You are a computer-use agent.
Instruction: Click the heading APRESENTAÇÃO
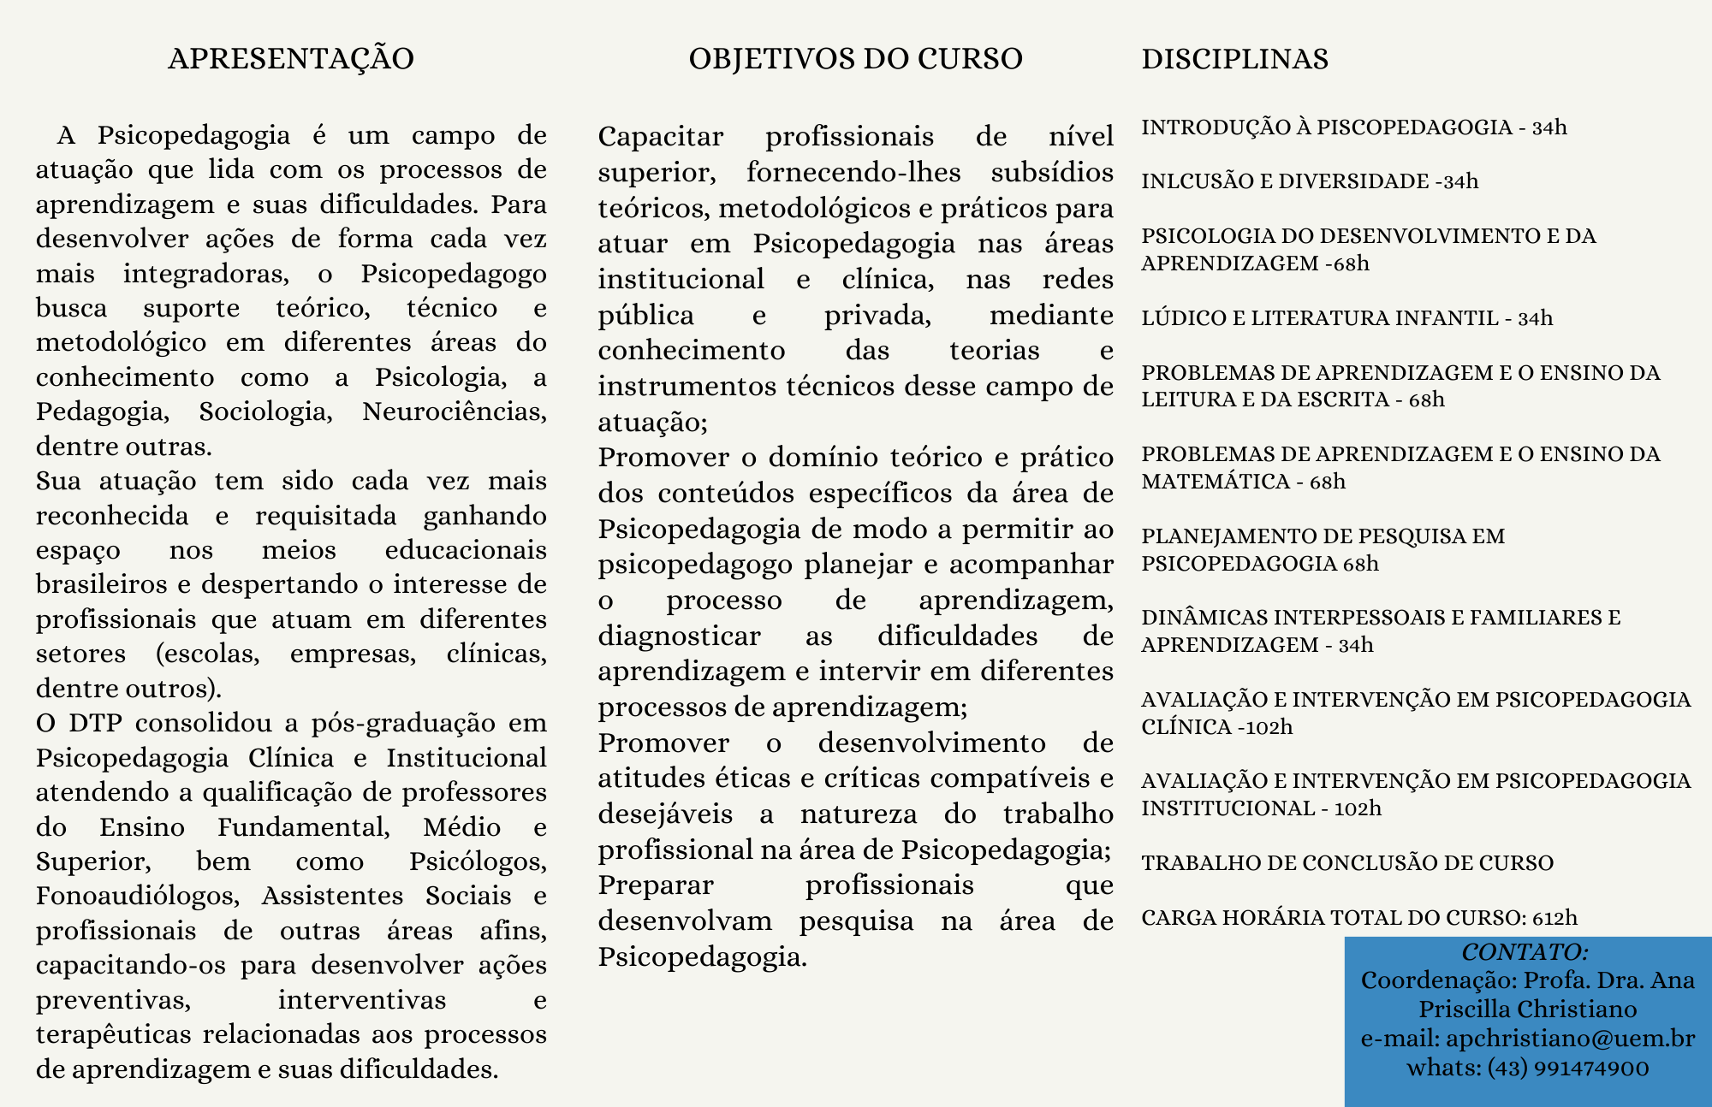pos(291,59)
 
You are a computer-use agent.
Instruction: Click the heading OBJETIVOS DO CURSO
pos(855,59)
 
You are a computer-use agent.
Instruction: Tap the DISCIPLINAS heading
pos(1234,59)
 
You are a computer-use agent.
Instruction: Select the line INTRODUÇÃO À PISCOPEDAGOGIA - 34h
pos(1353,127)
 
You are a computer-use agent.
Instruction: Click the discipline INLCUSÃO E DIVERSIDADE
pos(1285,181)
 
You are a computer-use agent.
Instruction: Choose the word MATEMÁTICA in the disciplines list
pos(1215,482)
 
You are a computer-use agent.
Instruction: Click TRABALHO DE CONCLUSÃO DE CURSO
pos(1346,862)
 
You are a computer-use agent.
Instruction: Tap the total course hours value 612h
pos(1554,918)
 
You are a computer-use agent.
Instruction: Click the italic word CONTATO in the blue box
pos(1524,952)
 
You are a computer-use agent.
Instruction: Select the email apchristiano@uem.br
pos(1570,1039)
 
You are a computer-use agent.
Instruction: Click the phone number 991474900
pos(1591,1069)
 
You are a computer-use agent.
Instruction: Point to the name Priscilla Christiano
pos(1527,1009)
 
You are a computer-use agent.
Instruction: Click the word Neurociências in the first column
pos(454,411)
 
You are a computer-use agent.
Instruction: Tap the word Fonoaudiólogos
pos(137,896)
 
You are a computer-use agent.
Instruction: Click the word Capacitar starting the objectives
pos(660,137)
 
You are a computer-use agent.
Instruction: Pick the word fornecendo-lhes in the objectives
pos(853,173)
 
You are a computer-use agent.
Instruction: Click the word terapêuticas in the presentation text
pos(113,1034)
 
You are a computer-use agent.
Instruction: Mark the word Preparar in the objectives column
pos(655,885)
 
